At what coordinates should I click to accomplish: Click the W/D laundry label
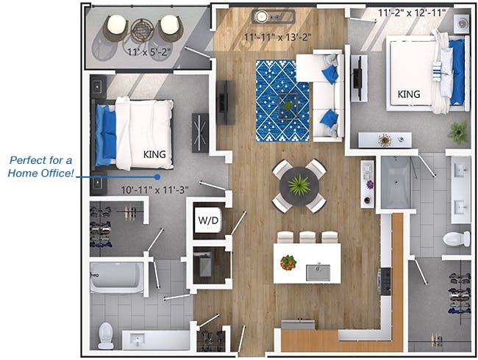[206, 220]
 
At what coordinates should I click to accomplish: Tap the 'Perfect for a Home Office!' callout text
[43, 166]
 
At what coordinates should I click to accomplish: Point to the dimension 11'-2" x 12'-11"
[411, 12]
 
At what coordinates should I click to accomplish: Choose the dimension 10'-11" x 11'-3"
[154, 190]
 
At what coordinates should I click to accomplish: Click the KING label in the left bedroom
[154, 154]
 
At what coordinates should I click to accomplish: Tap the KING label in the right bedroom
[409, 95]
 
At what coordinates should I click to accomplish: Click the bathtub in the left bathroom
[117, 278]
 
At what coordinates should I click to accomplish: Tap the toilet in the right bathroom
[457, 239]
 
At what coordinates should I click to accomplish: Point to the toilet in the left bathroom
[107, 335]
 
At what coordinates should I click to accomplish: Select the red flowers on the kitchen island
[288, 262]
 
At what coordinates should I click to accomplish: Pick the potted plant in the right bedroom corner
[458, 132]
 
